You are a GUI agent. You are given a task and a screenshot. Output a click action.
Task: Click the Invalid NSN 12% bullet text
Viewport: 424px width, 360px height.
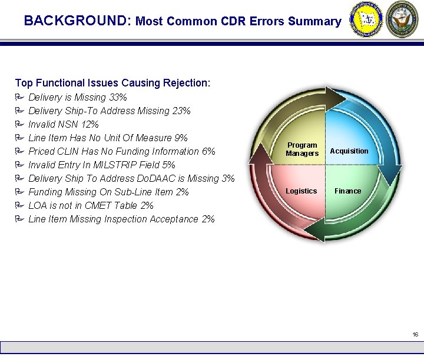[64, 124]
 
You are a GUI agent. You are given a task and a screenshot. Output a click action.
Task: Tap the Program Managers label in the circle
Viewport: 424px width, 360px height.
[302, 149]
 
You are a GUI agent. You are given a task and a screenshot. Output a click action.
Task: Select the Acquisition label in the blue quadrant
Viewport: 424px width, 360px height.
[349, 151]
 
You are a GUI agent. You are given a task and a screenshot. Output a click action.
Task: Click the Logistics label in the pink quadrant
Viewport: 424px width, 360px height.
[301, 191]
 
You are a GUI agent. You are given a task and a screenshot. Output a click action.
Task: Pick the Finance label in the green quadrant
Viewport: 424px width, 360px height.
[348, 191]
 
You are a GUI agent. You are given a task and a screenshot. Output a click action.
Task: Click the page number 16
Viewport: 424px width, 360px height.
[415, 335]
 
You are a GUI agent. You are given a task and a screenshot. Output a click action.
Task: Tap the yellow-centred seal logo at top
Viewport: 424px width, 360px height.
[366, 19]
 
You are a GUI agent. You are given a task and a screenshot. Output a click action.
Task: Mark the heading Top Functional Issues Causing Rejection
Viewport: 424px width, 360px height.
[112, 83]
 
